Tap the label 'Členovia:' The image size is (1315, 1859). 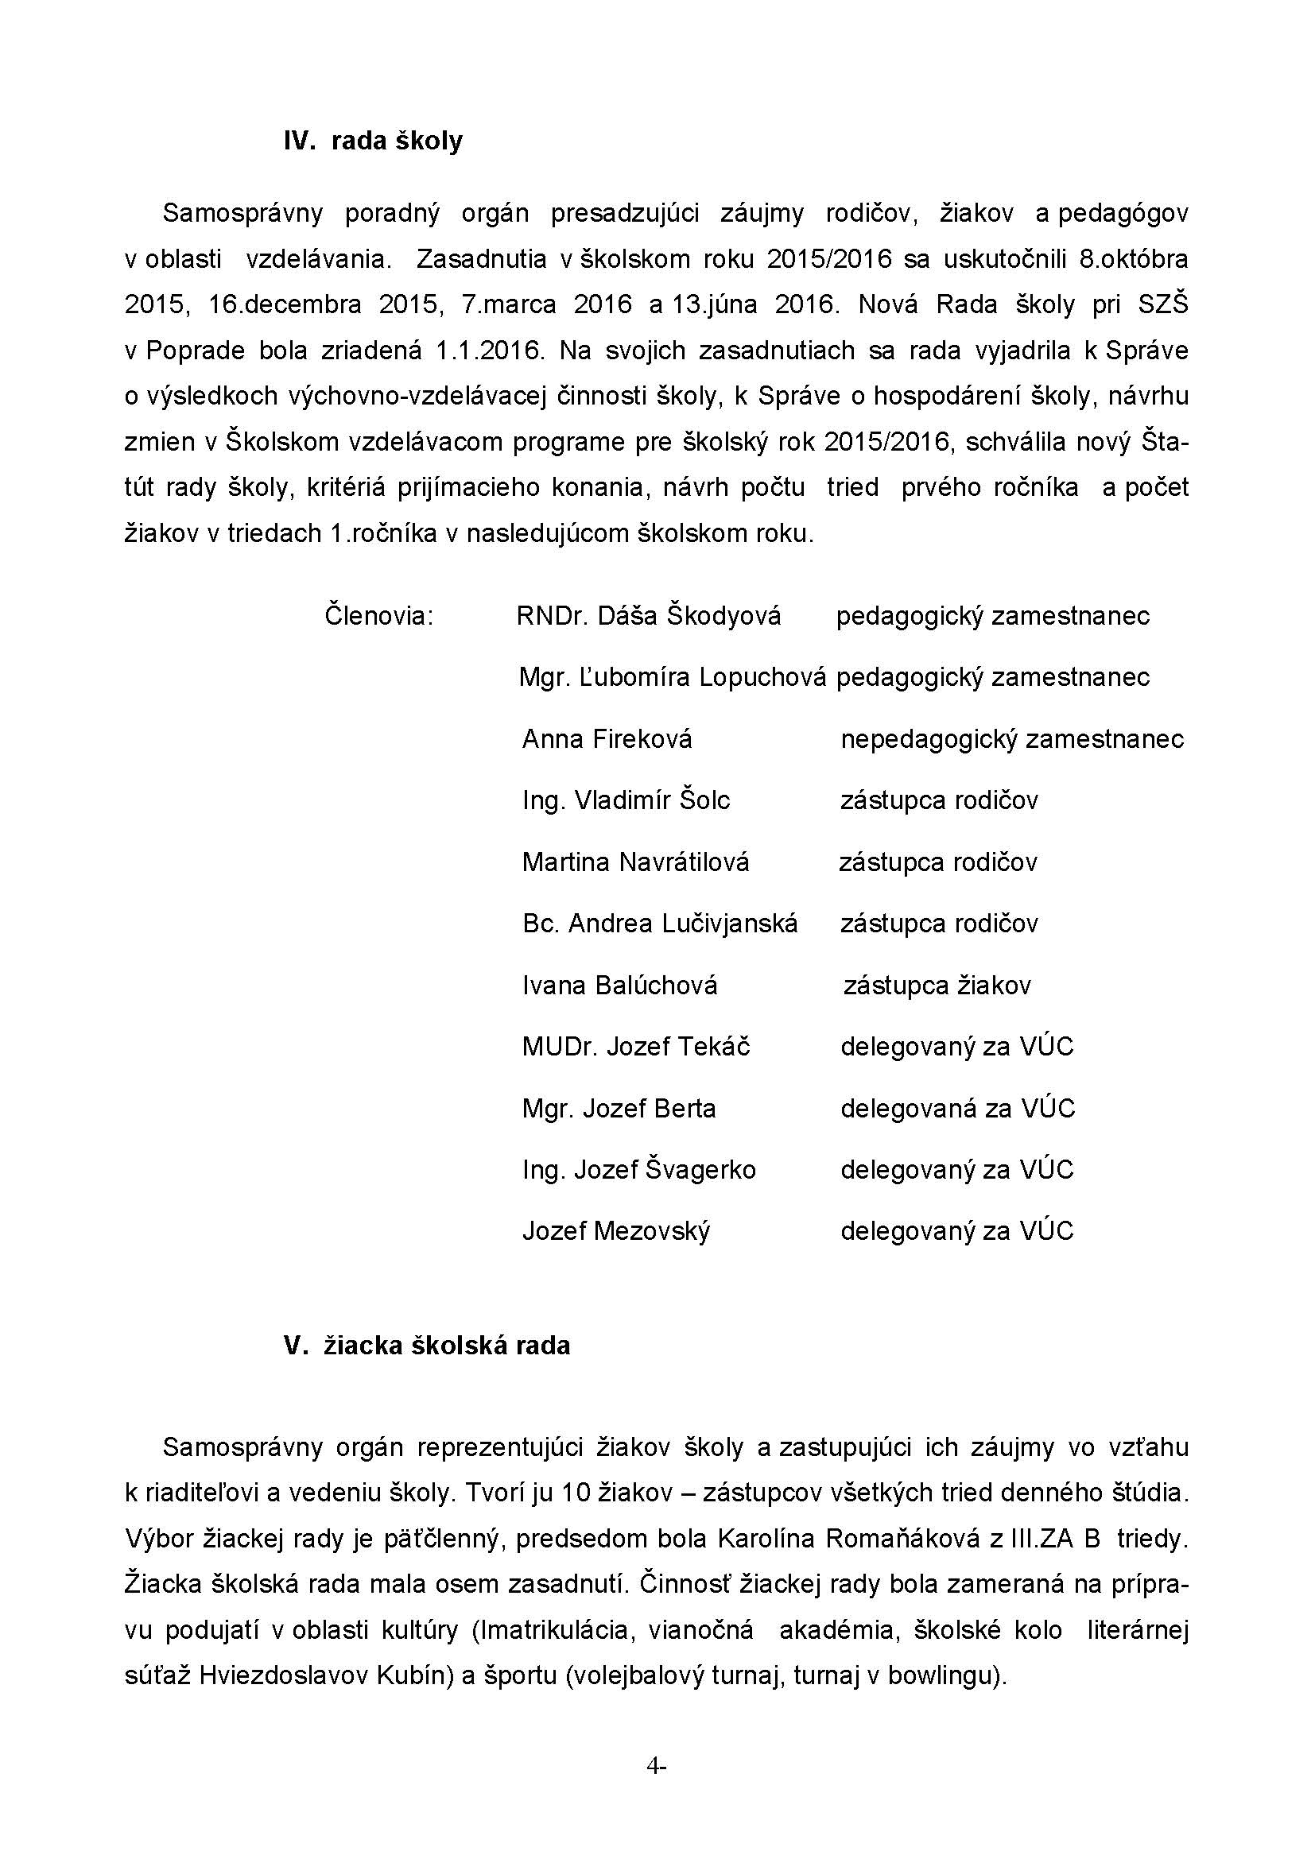[379, 616]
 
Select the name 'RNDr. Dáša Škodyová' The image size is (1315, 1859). [649, 616]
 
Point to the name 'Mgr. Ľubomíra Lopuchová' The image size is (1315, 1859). [672, 677]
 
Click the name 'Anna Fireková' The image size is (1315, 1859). [607, 739]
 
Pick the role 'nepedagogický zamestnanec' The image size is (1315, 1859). [1012, 739]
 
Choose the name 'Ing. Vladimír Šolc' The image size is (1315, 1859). [626, 801]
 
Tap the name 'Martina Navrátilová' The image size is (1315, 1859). [636, 862]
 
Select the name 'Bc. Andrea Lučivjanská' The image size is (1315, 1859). [660, 924]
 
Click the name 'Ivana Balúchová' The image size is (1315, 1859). [619, 986]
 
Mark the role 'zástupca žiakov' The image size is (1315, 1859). [937, 986]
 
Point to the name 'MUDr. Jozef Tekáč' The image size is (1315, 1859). [636, 1047]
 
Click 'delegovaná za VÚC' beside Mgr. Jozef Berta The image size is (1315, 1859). [957, 1109]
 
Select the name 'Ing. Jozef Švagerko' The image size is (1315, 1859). [639, 1170]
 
